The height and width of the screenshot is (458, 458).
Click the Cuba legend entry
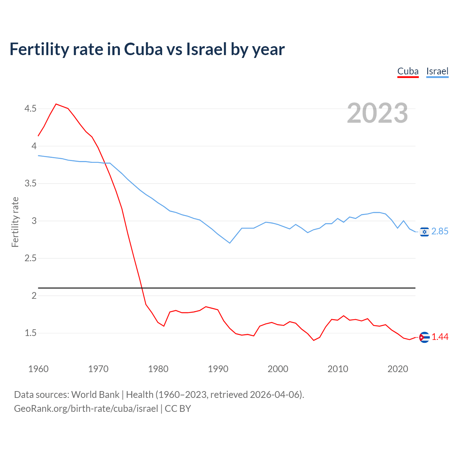pos(408,71)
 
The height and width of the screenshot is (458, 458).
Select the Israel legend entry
pos(437,71)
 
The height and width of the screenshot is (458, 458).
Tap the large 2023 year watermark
pos(377,113)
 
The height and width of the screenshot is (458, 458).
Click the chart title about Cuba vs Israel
pos(147,49)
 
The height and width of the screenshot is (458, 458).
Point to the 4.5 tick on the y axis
pos(30,108)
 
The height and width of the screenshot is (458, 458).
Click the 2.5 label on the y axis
pos(30,258)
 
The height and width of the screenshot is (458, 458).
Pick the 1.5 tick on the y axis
pos(30,333)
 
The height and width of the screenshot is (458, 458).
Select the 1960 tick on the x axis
pos(38,369)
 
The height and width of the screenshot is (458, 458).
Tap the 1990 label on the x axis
pos(218,369)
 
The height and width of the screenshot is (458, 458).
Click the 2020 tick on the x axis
pos(398,369)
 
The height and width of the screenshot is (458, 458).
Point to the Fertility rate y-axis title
pos(15,222)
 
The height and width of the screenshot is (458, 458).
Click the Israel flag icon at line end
pos(424,232)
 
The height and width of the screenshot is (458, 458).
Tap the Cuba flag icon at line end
pos(424,337)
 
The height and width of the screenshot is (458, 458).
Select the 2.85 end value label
pos(440,232)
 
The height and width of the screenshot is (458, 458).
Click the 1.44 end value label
pos(440,337)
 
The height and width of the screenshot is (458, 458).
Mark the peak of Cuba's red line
pos(56,104)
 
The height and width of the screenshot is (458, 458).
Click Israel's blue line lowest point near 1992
pos(230,243)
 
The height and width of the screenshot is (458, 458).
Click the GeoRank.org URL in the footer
pos(86,409)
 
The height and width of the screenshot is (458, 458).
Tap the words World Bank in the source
pos(95,395)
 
